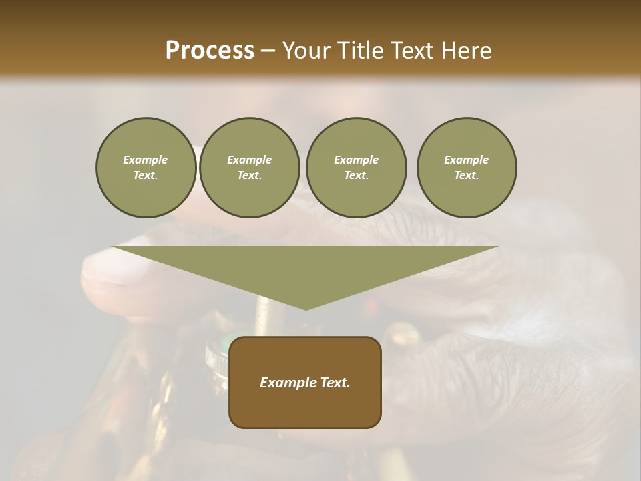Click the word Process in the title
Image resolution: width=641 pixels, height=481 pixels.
click(210, 51)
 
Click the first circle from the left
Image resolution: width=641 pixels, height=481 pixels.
click(146, 168)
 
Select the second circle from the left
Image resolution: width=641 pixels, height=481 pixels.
click(249, 168)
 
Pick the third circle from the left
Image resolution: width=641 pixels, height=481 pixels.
click(356, 168)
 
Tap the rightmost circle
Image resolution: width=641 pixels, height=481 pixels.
click(467, 168)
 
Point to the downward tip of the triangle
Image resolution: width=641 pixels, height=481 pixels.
click(306, 309)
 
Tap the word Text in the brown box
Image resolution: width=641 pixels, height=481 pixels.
click(334, 383)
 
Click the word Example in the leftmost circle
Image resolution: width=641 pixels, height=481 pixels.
click(146, 160)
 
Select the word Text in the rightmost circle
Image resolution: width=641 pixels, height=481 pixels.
click(466, 176)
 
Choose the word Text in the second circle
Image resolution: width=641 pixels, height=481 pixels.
click(249, 176)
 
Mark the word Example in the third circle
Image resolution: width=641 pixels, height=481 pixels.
click(356, 160)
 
